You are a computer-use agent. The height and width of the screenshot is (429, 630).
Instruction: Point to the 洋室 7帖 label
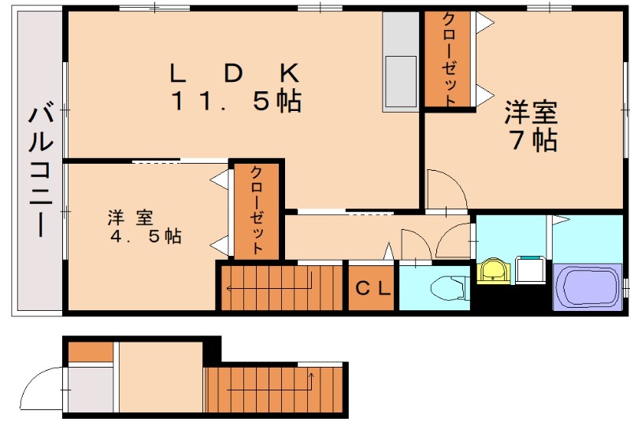click(x=532, y=126)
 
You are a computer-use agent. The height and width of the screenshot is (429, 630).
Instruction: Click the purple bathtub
click(x=587, y=287)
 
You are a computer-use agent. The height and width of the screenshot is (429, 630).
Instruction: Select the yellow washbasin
click(x=495, y=272)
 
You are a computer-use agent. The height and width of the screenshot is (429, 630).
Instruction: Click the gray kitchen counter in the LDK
click(x=401, y=61)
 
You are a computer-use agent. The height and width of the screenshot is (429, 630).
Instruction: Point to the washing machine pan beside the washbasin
click(x=530, y=270)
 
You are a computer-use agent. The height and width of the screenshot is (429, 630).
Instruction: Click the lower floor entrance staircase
click(x=276, y=389)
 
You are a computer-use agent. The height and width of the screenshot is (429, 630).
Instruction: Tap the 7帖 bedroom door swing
click(x=445, y=189)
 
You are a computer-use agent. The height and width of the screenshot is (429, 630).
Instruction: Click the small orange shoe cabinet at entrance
click(x=89, y=352)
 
